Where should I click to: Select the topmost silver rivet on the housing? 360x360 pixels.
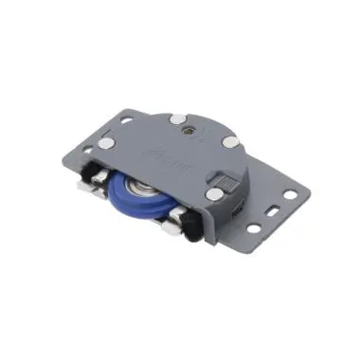[x=177, y=119]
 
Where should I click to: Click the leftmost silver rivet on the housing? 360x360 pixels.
[x=108, y=143]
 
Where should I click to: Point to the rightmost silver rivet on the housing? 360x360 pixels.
[x=231, y=140]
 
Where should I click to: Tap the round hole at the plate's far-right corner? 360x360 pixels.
[x=291, y=195]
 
